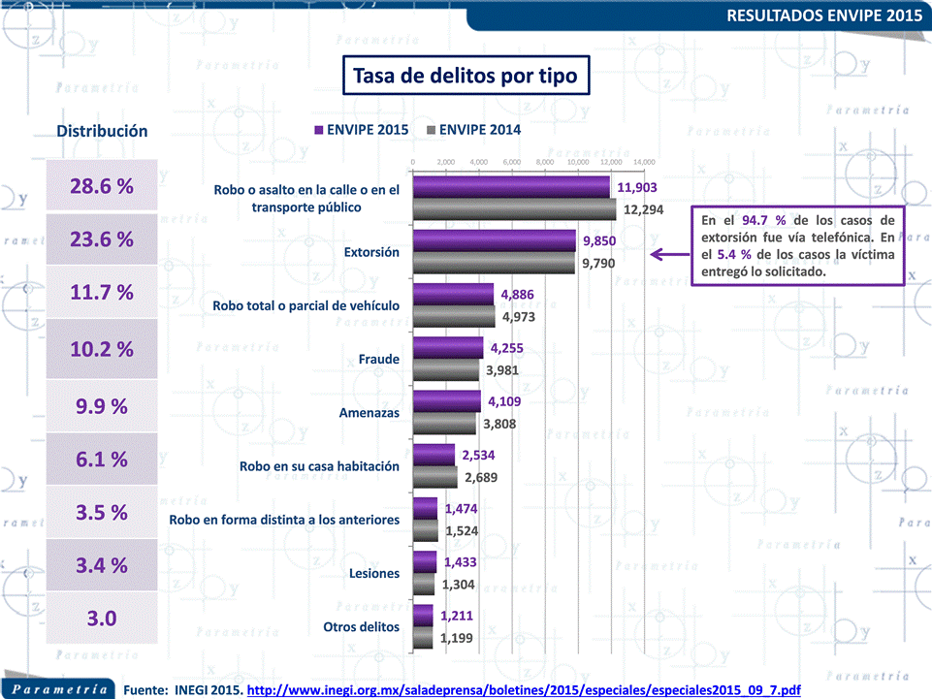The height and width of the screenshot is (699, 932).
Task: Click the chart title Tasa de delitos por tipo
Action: tap(464, 75)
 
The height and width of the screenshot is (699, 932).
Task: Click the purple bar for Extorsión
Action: tap(494, 240)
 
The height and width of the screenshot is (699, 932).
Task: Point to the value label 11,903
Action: tap(638, 187)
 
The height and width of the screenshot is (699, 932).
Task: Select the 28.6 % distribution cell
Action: tap(102, 187)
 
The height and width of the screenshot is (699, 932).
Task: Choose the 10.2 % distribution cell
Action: tap(102, 349)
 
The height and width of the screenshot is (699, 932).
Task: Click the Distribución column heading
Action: tap(102, 131)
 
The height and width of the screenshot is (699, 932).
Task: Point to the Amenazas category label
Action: tap(369, 413)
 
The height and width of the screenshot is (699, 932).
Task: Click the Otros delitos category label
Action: tap(361, 626)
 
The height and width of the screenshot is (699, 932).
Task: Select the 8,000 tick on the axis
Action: tap(544, 162)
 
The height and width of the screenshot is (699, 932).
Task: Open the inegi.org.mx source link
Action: tap(524, 689)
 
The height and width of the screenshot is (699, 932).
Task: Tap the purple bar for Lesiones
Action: tap(425, 561)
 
